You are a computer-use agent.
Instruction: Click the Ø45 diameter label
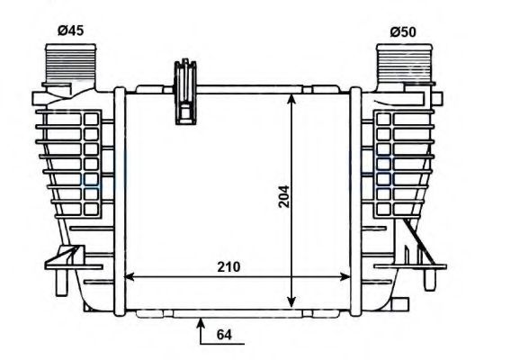tap(70, 30)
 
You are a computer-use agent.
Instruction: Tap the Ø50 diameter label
tap(403, 31)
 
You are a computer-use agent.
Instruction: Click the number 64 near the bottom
tap(225, 335)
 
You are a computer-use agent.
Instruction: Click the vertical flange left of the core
tap(117, 198)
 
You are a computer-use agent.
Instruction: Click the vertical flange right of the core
tap(357, 198)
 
